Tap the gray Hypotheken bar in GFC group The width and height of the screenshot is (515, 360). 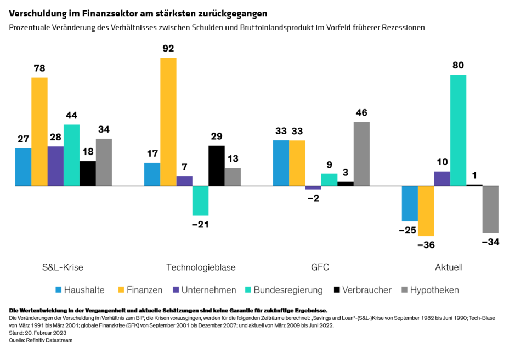(361, 154)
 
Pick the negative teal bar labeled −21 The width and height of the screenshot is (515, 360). (201, 201)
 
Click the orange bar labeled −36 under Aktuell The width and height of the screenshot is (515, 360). (426, 211)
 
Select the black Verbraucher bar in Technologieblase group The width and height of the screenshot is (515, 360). (217, 165)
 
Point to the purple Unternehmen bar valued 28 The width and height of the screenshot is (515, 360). (55, 166)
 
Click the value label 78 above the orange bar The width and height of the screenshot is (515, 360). (39, 68)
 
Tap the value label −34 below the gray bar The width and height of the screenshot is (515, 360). (490, 242)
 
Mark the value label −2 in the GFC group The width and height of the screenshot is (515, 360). (313, 198)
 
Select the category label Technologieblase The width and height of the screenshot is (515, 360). (201, 267)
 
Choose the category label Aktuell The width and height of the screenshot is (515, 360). (449, 267)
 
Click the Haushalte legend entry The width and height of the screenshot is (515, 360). (84, 290)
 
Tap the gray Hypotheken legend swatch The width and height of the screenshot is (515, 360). (405, 290)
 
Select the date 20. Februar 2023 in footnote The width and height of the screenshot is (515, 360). (44, 333)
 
